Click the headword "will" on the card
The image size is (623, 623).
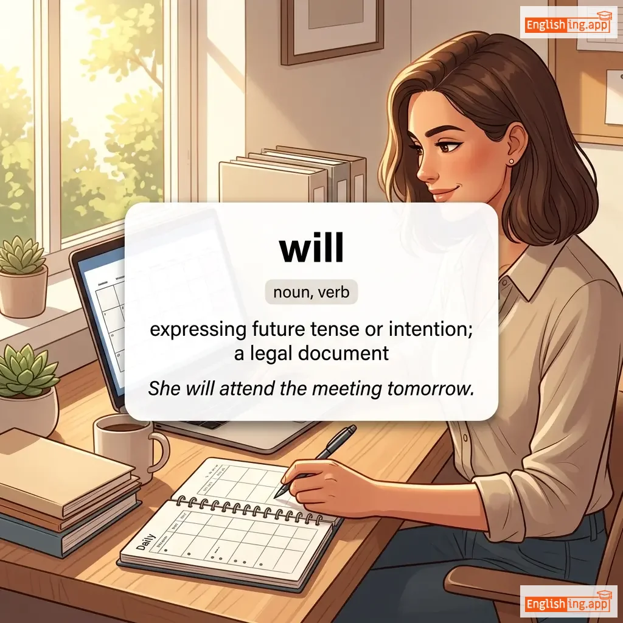(x=311, y=248)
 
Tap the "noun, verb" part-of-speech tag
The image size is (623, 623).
(x=311, y=292)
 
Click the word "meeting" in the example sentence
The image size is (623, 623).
(x=346, y=388)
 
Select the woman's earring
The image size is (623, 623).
(x=510, y=161)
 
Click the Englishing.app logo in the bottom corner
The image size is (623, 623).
(x=568, y=602)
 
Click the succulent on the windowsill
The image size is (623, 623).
(x=23, y=256)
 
